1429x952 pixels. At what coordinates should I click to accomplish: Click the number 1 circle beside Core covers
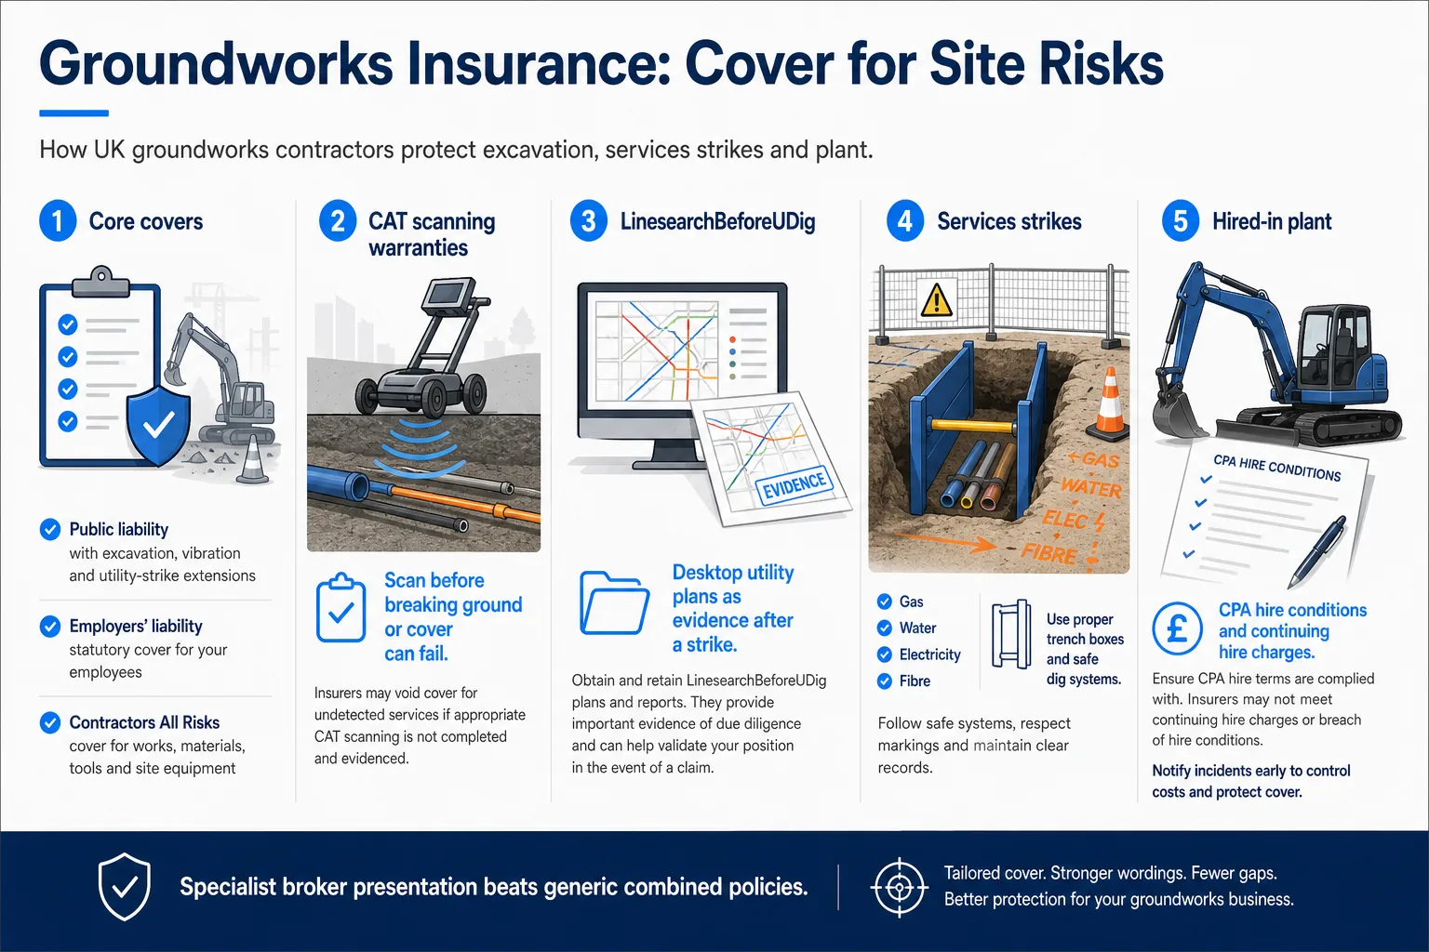coord(58,220)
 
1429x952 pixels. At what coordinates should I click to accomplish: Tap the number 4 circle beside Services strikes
coord(905,220)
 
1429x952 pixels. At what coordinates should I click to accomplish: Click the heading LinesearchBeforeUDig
coord(717,221)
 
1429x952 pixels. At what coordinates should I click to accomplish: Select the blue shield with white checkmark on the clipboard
coord(158,423)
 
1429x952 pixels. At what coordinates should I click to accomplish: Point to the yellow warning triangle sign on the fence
coord(936,299)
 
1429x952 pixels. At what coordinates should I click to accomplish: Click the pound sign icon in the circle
coord(1177,628)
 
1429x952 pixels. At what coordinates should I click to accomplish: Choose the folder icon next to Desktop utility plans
coord(614,603)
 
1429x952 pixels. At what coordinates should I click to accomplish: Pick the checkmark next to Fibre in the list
coord(884,681)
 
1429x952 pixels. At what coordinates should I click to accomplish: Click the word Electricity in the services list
coord(929,654)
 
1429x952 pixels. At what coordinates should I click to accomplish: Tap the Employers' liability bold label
coord(136,627)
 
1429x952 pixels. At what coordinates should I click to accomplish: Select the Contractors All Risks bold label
coord(144,722)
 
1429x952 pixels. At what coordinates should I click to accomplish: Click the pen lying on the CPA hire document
coord(1316,551)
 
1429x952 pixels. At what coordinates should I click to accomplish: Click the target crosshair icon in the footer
coord(899,888)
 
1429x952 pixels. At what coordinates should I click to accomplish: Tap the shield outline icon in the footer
coord(125,886)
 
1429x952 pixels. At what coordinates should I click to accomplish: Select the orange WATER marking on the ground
coord(1090,488)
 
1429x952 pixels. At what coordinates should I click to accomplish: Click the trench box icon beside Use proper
coord(1011,634)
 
